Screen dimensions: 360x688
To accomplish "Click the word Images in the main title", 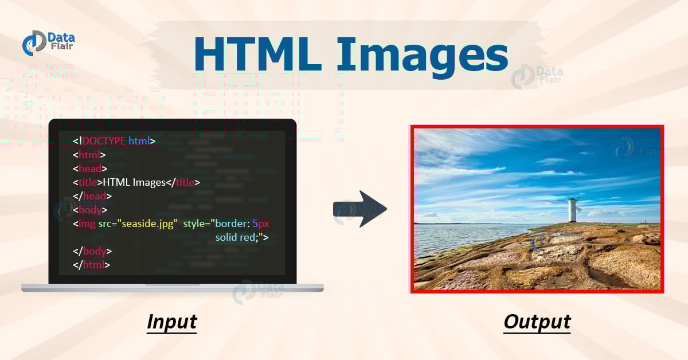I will click(x=421, y=55).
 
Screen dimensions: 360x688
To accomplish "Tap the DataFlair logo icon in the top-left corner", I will click(x=34, y=44).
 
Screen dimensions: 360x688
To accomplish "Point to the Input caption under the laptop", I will click(x=171, y=322).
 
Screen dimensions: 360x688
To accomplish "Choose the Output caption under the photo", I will click(x=537, y=322).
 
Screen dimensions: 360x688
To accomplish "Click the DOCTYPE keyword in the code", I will click(x=104, y=140).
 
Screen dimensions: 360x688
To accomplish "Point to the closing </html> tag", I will click(x=92, y=265).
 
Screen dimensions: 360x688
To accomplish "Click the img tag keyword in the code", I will click(x=87, y=223).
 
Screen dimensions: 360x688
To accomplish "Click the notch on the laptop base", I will click(x=172, y=285).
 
